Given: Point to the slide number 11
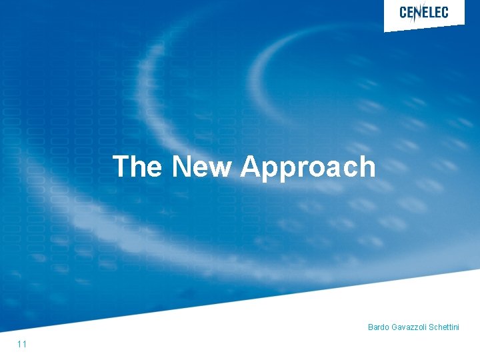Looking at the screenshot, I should pos(22,344).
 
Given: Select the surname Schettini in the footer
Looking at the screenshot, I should pos(443,327).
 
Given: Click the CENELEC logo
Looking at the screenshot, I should pos(423,12).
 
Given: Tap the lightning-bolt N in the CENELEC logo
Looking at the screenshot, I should pos(419,13).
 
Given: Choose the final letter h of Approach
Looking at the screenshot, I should pos(367,167).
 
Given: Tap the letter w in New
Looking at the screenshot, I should pos(217,169).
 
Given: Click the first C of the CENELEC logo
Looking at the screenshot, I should pos(403,12).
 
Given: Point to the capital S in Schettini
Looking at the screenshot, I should pos(431,327).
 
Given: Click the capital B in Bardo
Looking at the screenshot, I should pos(371,327).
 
